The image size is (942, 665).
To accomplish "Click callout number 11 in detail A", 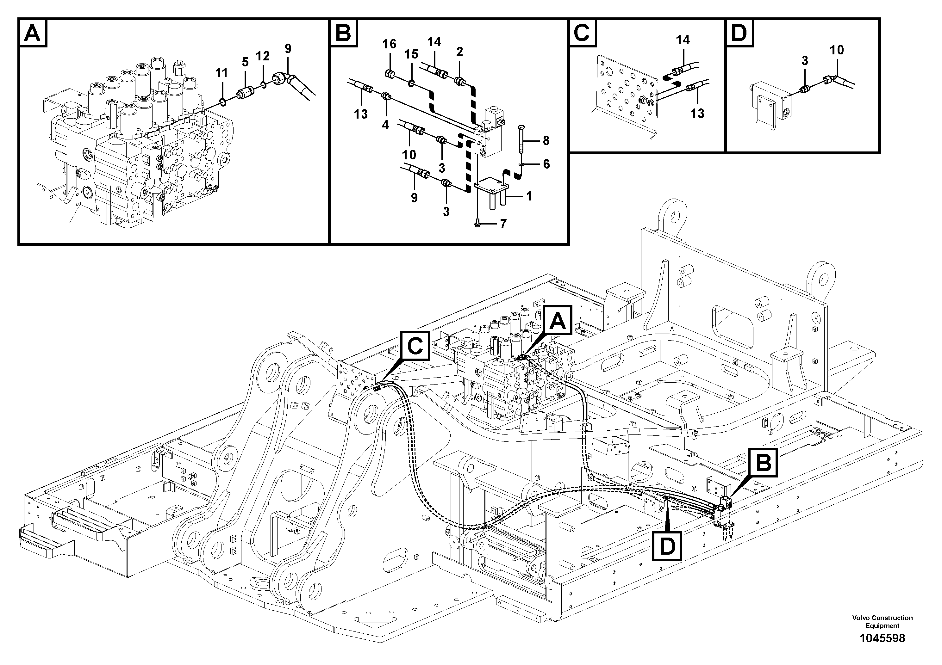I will [x=221, y=73].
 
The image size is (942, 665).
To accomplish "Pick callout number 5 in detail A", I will [x=245, y=62].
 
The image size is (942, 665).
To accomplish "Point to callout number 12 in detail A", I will [x=263, y=56].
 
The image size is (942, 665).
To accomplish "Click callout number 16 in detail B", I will [x=389, y=44].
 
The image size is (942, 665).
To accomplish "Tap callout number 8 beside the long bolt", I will [x=546, y=141].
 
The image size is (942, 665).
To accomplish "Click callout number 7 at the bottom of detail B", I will [x=503, y=224].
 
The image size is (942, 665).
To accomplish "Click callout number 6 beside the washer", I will [x=546, y=164].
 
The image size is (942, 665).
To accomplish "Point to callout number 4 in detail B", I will [x=385, y=125].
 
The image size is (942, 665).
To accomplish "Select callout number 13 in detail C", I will [x=697, y=113].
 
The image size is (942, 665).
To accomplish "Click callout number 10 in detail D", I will [x=837, y=50].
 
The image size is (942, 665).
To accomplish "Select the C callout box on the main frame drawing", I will [x=415, y=348].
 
